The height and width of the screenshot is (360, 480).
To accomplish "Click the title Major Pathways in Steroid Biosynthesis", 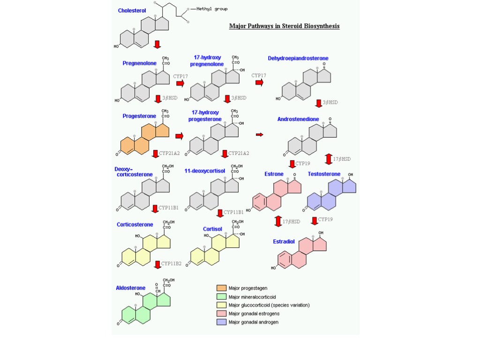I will click(x=284, y=26).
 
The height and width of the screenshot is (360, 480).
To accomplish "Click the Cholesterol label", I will click(x=132, y=11).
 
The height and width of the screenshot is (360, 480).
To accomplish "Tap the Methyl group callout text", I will click(x=212, y=9).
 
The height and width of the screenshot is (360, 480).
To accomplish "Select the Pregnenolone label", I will click(x=139, y=63).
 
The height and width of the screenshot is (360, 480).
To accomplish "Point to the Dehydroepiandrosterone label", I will click(x=298, y=59).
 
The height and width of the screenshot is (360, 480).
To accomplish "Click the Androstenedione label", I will click(x=298, y=119).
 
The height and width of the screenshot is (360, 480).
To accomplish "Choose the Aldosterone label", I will click(x=131, y=288).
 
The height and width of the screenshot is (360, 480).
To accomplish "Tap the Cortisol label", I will click(x=212, y=229).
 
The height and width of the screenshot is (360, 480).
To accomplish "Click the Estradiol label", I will click(x=284, y=242).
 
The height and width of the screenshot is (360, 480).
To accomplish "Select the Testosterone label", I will click(x=324, y=174).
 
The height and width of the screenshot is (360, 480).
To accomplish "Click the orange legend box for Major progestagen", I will click(x=221, y=288).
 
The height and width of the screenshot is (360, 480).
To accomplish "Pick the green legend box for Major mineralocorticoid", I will click(x=221, y=297).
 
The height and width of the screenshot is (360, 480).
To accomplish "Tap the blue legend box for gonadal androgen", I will click(x=221, y=322).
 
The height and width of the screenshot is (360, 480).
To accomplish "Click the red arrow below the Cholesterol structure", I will click(x=157, y=45).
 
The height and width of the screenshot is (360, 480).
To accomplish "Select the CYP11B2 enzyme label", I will click(x=171, y=264).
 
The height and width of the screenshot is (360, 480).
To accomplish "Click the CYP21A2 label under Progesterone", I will click(x=169, y=153).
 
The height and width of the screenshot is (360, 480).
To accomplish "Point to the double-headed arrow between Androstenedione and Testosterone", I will click(x=329, y=159).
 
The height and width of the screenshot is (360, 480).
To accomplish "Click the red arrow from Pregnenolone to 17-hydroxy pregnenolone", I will click(x=180, y=83).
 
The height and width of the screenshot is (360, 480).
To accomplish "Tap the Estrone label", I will click(x=274, y=174).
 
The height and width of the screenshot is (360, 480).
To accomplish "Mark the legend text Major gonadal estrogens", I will click(x=254, y=314).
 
